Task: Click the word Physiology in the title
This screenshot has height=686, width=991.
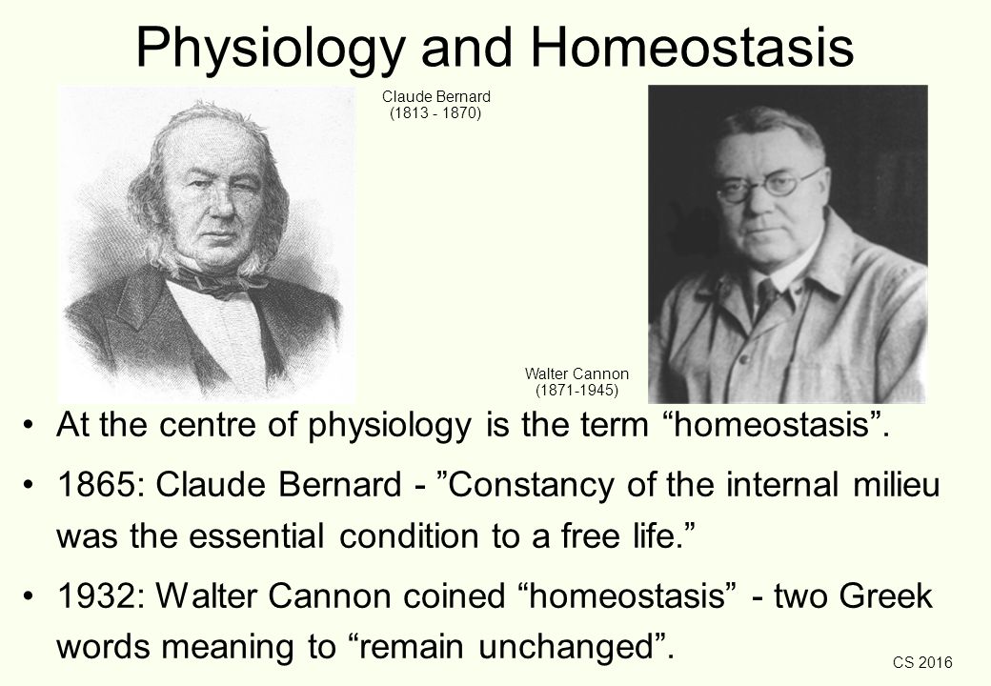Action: click(270, 47)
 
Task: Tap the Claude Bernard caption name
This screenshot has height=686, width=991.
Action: click(436, 96)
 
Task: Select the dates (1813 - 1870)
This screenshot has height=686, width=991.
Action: click(435, 113)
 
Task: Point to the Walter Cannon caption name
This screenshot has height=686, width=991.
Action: click(576, 373)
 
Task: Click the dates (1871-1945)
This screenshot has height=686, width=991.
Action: click(576, 390)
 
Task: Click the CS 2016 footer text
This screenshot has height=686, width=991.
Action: click(922, 662)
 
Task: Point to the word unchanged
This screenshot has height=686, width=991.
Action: click(565, 647)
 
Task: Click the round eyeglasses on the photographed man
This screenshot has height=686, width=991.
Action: click(769, 187)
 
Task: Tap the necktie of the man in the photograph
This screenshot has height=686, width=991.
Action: click(767, 298)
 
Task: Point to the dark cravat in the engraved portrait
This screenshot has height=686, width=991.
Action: click(209, 281)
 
